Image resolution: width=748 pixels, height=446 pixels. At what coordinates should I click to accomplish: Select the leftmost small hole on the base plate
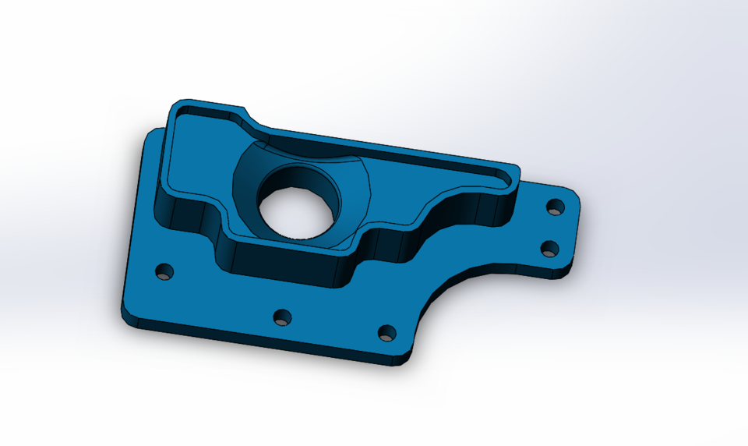pos(164,272)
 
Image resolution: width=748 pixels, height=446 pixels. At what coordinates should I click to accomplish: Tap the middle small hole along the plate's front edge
pos(282,317)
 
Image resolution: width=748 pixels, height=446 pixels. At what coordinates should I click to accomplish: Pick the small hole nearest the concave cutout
pos(386,333)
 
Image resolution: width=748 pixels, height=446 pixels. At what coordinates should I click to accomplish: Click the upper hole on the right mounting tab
pos(556,207)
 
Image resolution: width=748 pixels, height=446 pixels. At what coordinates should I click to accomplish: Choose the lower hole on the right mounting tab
pos(550,249)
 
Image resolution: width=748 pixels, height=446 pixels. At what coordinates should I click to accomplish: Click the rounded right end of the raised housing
pos(514,178)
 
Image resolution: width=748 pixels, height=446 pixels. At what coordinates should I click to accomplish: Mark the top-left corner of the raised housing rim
pos(178,106)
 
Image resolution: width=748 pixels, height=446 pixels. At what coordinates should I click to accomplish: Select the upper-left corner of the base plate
pos(150,135)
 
